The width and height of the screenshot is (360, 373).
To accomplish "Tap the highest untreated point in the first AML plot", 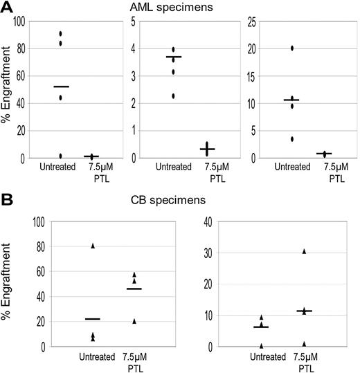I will (x=61, y=33).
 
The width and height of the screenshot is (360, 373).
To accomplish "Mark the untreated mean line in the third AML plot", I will (x=291, y=100).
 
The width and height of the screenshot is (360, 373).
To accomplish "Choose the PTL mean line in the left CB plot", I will (x=134, y=289).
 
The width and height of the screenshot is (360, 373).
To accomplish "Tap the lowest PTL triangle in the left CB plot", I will (x=134, y=321).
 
